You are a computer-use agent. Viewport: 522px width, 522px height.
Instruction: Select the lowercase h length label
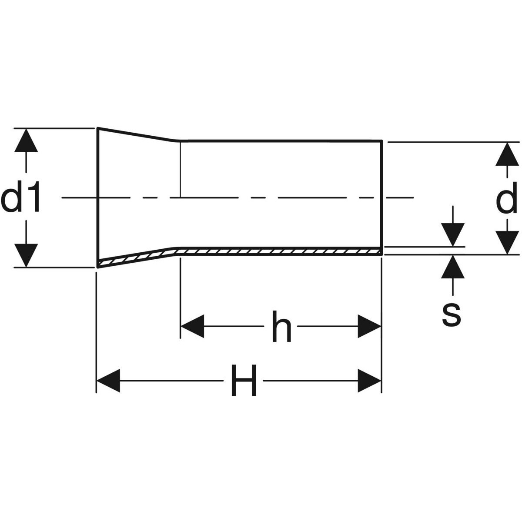coord(281,326)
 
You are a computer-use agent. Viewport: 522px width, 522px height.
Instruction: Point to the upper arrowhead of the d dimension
coord(507,154)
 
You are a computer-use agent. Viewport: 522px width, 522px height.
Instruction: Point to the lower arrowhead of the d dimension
coord(507,242)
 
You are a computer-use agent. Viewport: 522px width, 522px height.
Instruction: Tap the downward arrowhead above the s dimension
coord(453,235)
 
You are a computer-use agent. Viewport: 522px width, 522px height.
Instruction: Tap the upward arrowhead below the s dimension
coord(453,267)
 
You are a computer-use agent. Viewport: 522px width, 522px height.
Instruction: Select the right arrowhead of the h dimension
coord(369,326)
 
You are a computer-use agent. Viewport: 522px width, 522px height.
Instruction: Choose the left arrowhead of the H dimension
coord(108,381)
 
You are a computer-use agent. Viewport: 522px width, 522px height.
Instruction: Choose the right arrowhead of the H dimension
coord(369,381)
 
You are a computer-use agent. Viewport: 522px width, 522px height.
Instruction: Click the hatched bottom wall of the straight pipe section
coord(278,251)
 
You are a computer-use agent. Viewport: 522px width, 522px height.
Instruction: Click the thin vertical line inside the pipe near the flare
coord(180,170)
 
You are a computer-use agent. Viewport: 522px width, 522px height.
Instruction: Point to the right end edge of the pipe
coord(382,196)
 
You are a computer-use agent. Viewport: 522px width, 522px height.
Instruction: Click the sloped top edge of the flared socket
coord(135,134)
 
